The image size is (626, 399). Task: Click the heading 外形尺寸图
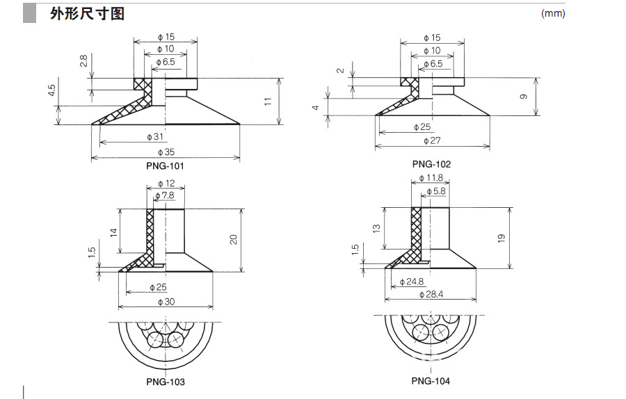(x=88, y=14)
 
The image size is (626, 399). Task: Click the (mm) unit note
(x=553, y=13)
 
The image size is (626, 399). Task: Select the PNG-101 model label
(x=166, y=166)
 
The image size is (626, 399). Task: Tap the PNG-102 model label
(x=431, y=164)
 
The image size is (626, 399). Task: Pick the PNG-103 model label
(x=166, y=382)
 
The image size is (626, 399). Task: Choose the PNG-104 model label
(x=431, y=381)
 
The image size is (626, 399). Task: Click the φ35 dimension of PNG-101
(x=166, y=152)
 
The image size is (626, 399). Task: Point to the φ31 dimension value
(x=155, y=137)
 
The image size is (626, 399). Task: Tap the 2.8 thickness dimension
(x=83, y=61)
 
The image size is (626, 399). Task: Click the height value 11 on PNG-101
(x=268, y=101)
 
